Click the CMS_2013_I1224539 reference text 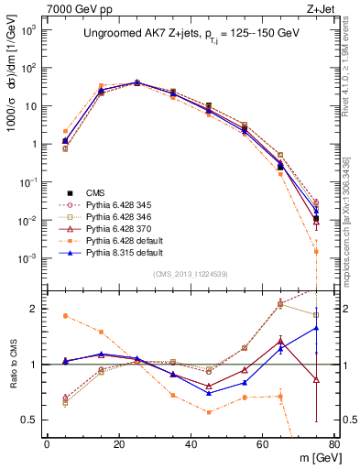point(190,275)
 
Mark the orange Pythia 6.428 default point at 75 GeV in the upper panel point(315,251)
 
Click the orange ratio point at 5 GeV point(65,316)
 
